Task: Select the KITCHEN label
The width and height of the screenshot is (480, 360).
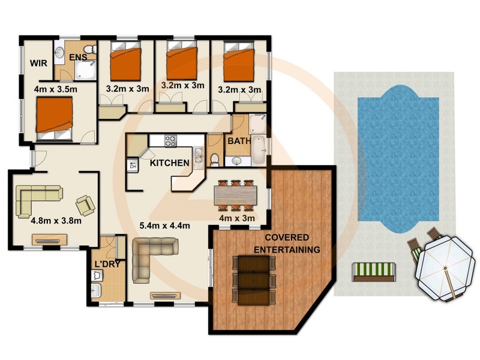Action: click(170, 163)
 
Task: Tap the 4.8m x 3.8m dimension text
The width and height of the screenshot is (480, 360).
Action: click(56, 220)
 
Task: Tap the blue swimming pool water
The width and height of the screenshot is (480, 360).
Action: click(397, 159)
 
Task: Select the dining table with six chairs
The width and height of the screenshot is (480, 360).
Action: click(235, 194)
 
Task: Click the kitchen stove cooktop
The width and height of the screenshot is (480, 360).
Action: click(171, 140)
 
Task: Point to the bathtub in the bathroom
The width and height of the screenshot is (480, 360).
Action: click(259, 150)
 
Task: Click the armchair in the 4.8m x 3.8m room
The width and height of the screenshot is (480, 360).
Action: click(85, 205)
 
